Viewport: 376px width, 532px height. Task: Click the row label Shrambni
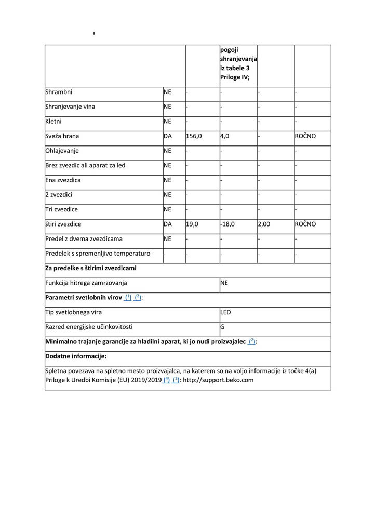point(59,92)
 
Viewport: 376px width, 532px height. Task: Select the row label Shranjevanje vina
point(70,107)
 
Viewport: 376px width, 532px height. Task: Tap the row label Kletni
point(54,122)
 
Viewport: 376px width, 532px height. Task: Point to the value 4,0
point(224,136)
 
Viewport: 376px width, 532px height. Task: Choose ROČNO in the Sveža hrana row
point(305,136)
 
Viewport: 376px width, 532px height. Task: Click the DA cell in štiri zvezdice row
point(168,224)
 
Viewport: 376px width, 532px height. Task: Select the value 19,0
point(192,224)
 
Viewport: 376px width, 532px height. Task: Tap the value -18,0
point(227,224)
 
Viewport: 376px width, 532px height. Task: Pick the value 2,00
point(264,224)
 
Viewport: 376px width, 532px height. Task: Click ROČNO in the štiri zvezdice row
point(305,224)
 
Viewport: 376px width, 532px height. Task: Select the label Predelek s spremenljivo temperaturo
point(98,254)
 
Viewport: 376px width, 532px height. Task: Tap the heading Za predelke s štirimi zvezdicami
point(91,269)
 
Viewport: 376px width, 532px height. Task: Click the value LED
point(225,312)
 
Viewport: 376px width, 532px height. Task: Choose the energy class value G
point(222,327)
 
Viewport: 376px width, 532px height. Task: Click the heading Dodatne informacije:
point(76,356)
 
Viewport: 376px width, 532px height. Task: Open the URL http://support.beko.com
point(218,380)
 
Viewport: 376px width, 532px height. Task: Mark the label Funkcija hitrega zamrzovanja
point(86,283)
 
